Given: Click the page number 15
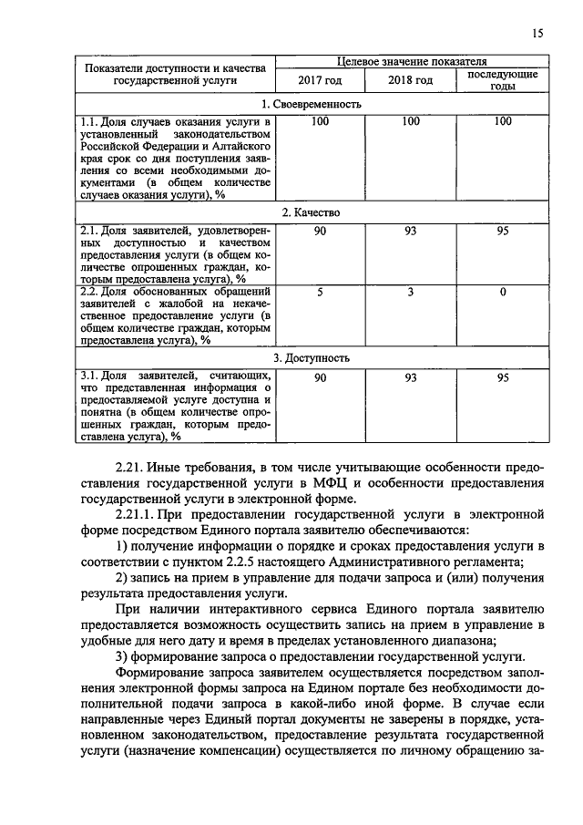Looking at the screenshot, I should (x=537, y=34).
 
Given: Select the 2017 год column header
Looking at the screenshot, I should (x=320, y=80).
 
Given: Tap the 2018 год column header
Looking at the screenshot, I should (x=410, y=80).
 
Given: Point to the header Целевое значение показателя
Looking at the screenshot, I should (x=411, y=61).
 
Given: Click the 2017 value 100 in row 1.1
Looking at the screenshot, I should (x=320, y=121).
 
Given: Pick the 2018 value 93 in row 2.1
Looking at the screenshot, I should (x=410, y=231).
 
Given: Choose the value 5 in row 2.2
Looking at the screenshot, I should (x=320, y=292).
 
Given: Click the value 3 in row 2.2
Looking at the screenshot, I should (x=410, y=292).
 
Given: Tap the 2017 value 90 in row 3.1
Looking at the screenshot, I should (x=320, y=377).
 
